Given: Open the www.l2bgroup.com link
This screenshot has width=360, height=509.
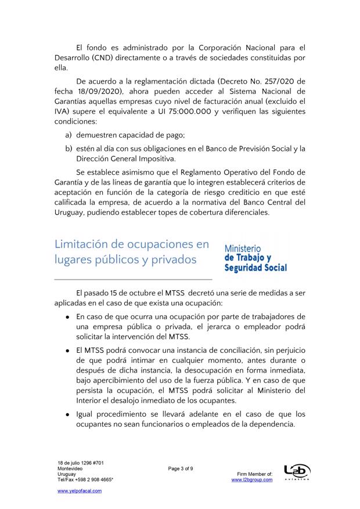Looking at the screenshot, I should [x=251, y=480].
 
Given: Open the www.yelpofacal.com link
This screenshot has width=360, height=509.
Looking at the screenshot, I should [x=80, y=491].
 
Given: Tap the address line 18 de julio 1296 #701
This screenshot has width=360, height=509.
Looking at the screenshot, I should [x=81, y=463].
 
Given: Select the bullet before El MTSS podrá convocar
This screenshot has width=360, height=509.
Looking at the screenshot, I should [x=68, y=352].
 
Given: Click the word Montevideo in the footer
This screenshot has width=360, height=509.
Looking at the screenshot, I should [x=69, y=468].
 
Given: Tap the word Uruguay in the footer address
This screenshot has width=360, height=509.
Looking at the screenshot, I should [x=66, y=474].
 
